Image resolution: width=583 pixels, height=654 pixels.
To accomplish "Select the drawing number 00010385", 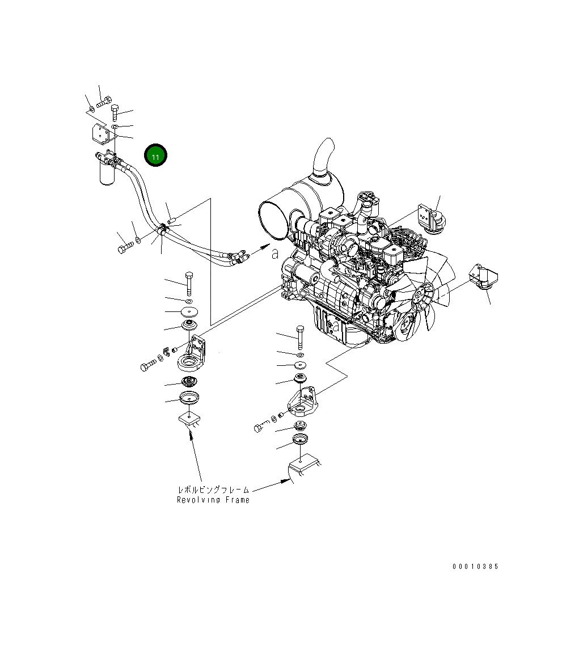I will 475,567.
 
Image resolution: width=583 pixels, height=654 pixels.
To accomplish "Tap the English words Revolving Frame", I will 213,500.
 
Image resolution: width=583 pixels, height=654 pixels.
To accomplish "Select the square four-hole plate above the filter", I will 100,134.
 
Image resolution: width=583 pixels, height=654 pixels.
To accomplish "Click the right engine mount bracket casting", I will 302,400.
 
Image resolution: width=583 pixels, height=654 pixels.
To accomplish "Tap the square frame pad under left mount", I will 189,420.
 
